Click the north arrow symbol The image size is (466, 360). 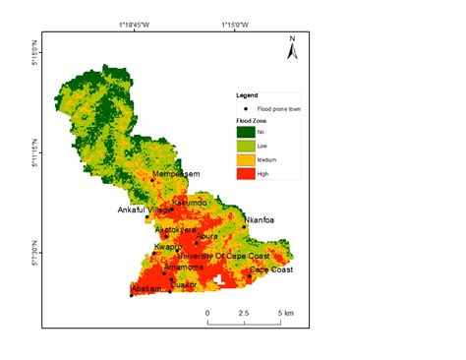coord(292,47)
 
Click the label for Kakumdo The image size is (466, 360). coord(189,204)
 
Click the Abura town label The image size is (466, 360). coord(207,236)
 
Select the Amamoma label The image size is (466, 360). coord(184,267)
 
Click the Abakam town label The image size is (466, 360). coord(146,289)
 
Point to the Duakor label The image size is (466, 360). coord(185,285)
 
